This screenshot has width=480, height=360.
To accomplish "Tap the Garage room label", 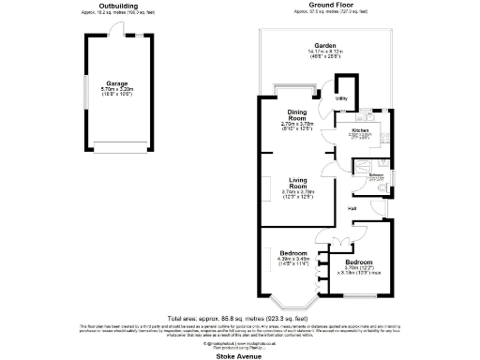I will tap(118, 83).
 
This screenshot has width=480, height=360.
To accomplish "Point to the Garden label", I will tap(325, 46).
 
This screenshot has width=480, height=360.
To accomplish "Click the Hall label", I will tap(352, 207).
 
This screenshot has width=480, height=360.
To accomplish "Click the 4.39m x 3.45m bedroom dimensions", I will tap(294, 262).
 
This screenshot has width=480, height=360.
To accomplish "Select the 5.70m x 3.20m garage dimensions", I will tap(118, 92).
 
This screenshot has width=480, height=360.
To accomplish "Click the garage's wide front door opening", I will tap(118, 145).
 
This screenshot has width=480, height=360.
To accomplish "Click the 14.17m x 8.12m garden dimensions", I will tap(325, 53).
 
